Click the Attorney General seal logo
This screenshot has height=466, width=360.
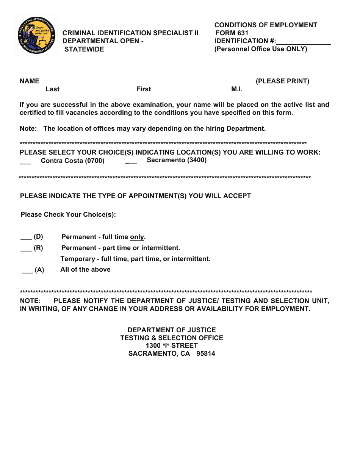pos(36,36)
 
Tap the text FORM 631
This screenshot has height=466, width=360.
pos(232,33)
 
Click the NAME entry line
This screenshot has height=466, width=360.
pos(148,81)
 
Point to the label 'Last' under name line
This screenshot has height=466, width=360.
pos(52,89)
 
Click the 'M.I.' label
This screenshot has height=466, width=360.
pos(237,89)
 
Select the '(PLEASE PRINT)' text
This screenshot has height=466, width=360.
pos(283,81)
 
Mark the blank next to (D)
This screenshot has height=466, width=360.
pos(26,238)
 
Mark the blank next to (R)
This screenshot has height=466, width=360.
pos(26,249)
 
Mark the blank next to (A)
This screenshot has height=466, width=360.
pos(27,271)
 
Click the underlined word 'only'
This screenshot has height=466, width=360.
pos(137,237)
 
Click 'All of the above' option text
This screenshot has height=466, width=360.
pos(85,270)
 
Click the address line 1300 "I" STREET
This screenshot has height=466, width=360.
pos(172,346)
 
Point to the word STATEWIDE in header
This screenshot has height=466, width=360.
pos(84,49)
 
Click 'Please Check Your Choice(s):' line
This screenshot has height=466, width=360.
pos(68,215)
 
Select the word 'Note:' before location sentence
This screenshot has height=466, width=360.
pos(28,128)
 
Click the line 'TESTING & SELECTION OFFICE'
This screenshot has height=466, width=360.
pos(172,338)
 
